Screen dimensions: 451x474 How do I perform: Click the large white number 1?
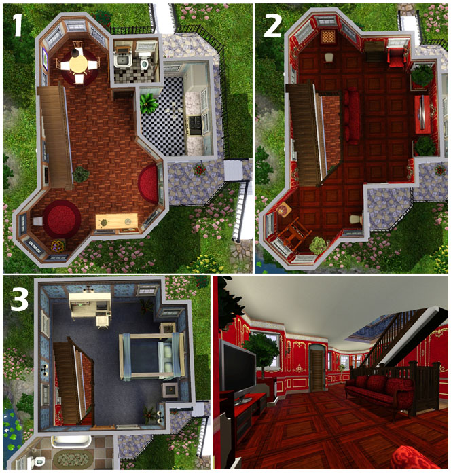pos(17,25)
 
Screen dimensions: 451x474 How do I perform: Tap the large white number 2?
pos(272,25)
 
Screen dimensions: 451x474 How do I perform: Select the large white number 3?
pos(19,299)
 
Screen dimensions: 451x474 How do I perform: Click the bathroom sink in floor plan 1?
pos(122,60)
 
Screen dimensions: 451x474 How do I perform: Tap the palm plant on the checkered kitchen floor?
pos(149,103)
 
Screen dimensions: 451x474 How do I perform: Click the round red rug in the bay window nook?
pos(61,219)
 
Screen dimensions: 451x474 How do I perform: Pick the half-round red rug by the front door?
pos(149,183)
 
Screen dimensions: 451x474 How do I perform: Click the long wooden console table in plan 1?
pos(116,221)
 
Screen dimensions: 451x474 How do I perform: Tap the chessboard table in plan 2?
pos(327,37)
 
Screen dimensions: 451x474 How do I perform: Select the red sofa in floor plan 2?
pos(351,115)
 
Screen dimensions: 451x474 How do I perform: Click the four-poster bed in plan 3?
pos(151,356)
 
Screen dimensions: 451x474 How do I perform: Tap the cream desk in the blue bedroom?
pos(90,306)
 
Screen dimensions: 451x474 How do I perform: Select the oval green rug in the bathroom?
pos(73,458)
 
